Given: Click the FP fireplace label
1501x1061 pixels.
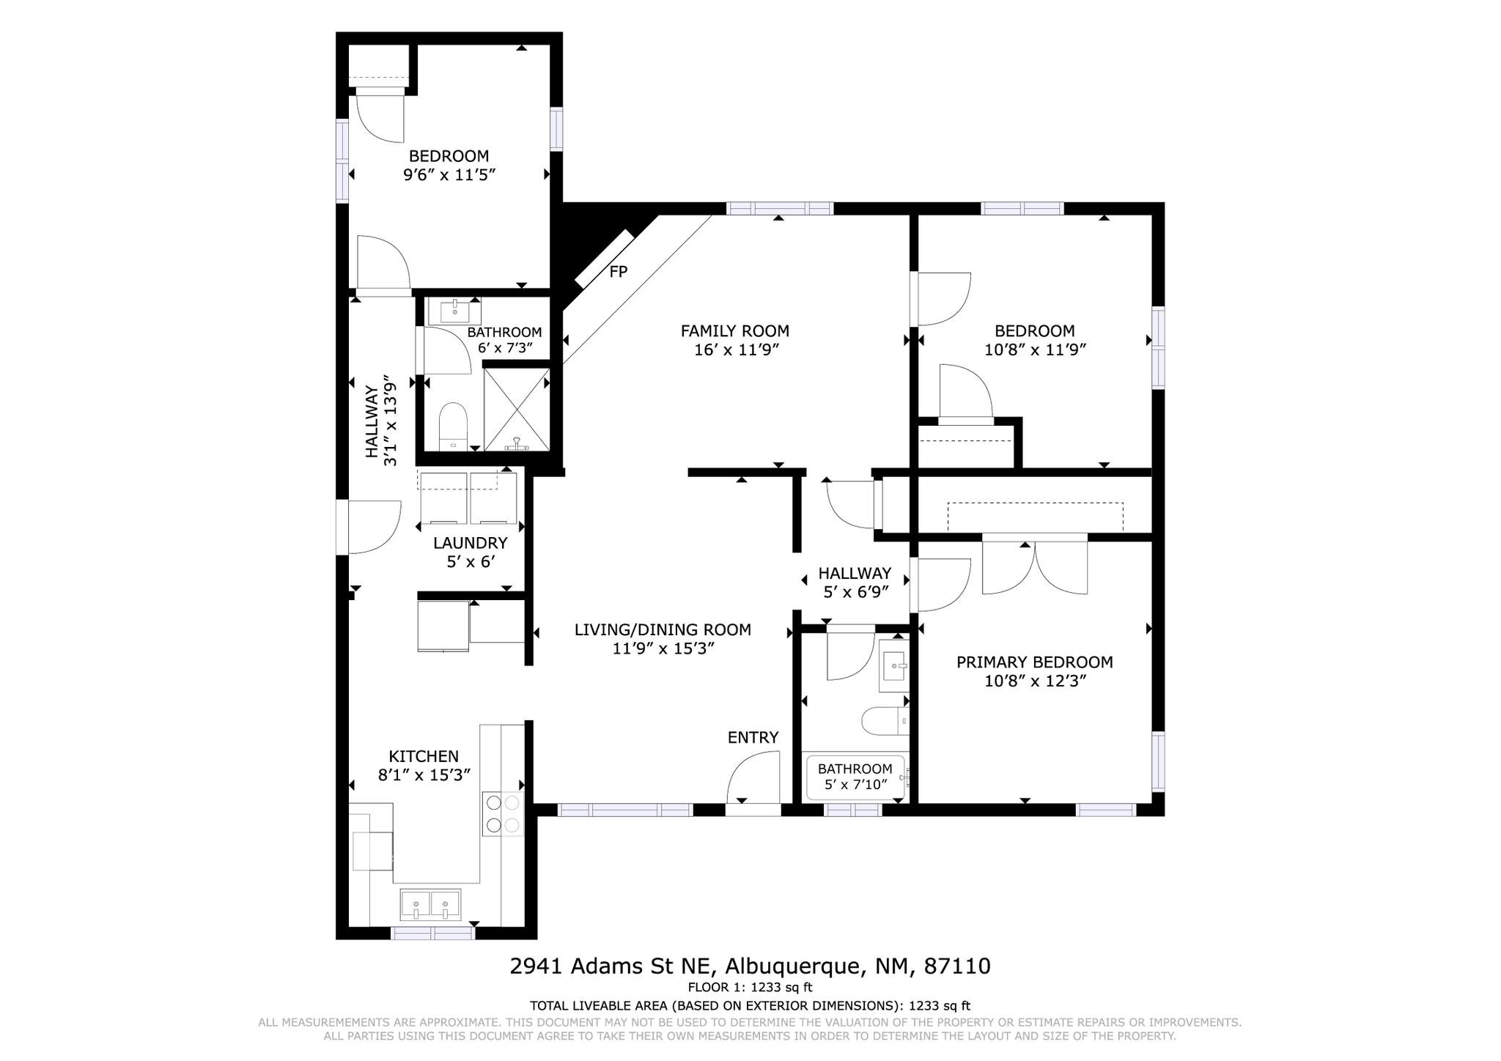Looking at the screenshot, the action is click(x=619, y=272).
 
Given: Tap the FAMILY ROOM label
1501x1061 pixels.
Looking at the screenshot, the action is click(x=735, y=331).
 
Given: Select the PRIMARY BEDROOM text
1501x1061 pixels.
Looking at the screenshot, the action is click(x=1034, y=662).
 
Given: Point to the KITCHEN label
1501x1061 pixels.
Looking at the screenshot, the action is click(x=424, y=756).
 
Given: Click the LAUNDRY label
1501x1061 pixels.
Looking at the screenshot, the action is click(x=470, y=543).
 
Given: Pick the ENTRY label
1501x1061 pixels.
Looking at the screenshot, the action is click(x=753, y=738).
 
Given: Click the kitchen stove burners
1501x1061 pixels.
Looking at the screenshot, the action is click(x=503, y=813).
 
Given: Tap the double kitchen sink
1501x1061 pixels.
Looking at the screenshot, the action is click(x=430, y=905).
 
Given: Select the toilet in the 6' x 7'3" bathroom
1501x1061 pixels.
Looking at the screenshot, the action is click(x=453, y=426).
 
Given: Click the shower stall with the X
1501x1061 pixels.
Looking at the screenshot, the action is click(x=517, y=409).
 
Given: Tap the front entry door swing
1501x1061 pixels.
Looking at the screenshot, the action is click(x=752, y=778).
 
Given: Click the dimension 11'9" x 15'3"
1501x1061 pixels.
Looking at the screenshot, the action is click(x=663, y=648).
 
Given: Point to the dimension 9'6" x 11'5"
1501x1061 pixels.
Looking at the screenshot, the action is click(x=449, y=175).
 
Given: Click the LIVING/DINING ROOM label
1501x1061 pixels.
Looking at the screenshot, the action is click(x=663, y=629).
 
